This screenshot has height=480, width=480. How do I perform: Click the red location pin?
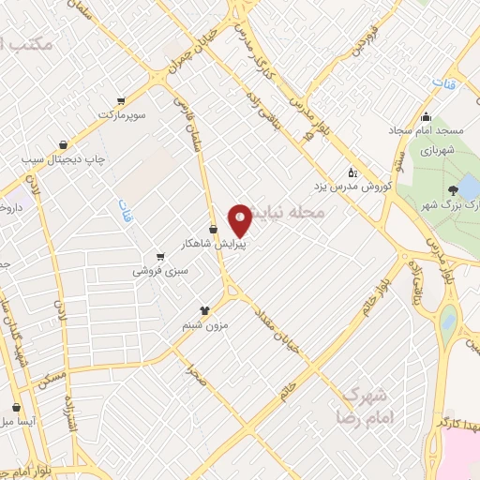pyautogui.click(x=241, y=220)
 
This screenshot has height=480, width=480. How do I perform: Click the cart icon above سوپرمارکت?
pyautogui.click(x=120, y=100)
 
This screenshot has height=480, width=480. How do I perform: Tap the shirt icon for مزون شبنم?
pyautogui.click(x=205, y=310)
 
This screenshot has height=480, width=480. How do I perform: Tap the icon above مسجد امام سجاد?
pyautogui.click(x=427, y=117)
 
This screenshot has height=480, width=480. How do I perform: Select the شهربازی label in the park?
pyautogui.click(x=437, y=150)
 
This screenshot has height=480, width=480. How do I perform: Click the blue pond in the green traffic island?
pyautogui.click(x=449, y=323)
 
